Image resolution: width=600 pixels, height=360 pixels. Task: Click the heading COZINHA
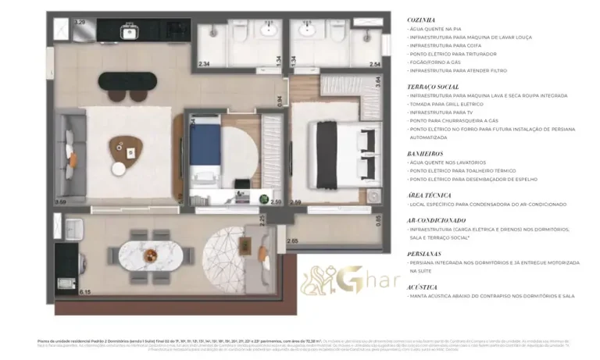click(x=422, y=20)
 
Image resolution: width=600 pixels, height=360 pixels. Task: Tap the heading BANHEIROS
click(x=425, y=154)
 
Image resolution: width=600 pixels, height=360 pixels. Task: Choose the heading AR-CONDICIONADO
click(x=436, y=220)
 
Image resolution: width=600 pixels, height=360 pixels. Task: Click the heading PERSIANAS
click(x=425, y=254)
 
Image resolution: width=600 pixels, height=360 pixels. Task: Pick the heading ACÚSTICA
click(x=423, y=287)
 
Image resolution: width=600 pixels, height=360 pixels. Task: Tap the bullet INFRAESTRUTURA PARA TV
click(x=443, y=112)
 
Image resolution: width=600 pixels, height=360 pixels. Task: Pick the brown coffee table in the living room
click(x=122, y=145)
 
